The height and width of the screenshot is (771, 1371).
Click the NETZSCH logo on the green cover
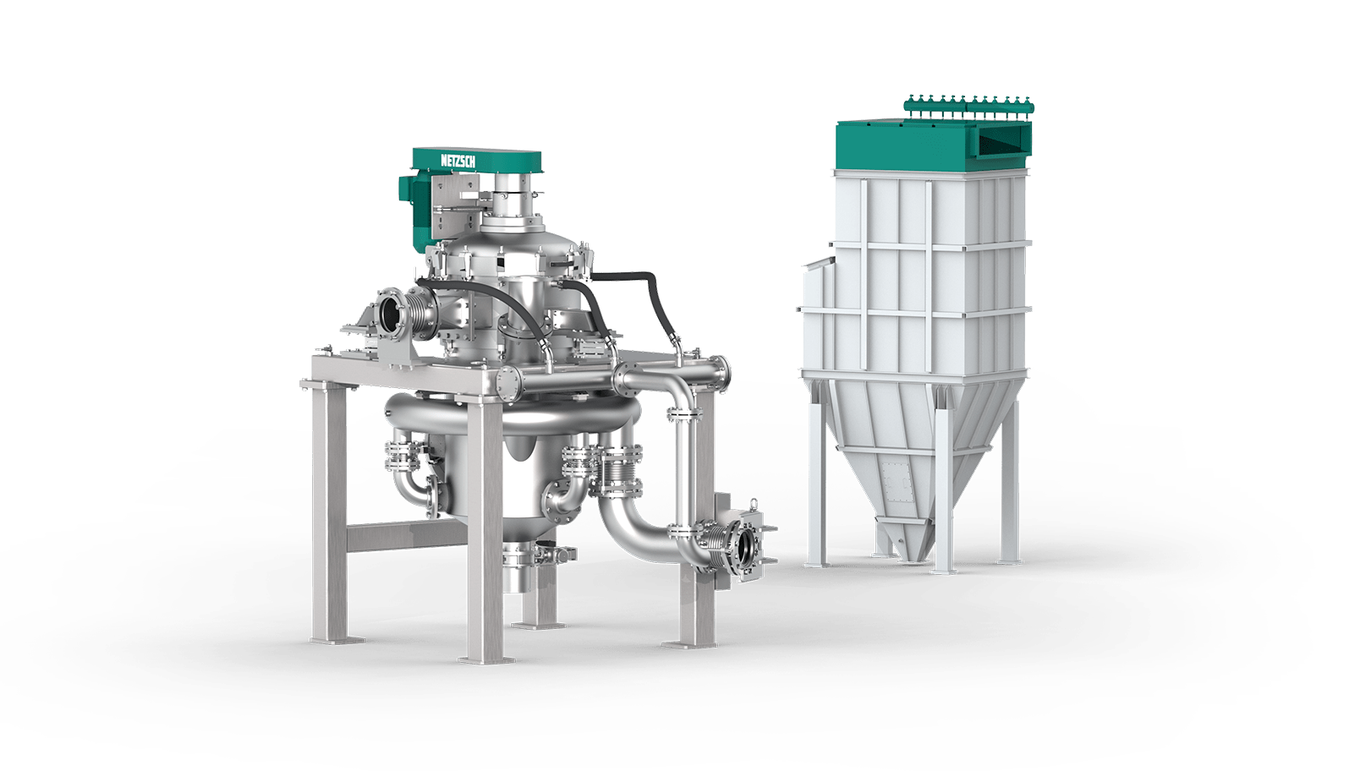click(x=458, y=160)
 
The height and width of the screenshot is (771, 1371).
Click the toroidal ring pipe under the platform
click(x=508, y=416)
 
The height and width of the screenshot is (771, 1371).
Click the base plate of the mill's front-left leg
click(x=337, y=640)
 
